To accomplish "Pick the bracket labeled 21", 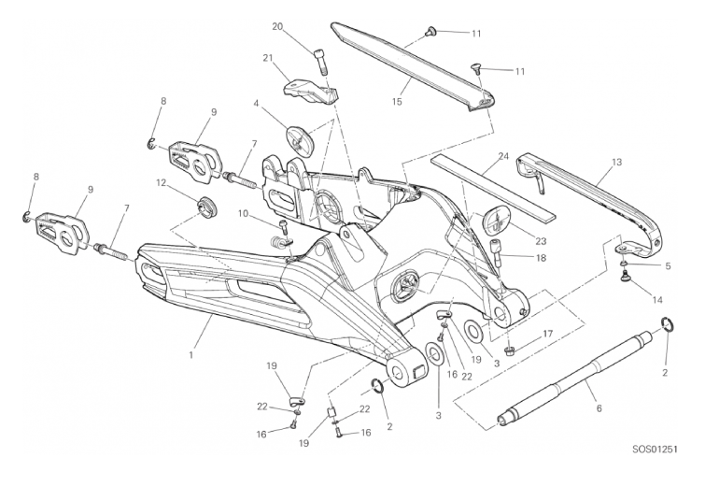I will click(309, 91).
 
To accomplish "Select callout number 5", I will click(666, 265).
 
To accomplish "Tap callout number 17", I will click(548, 333).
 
